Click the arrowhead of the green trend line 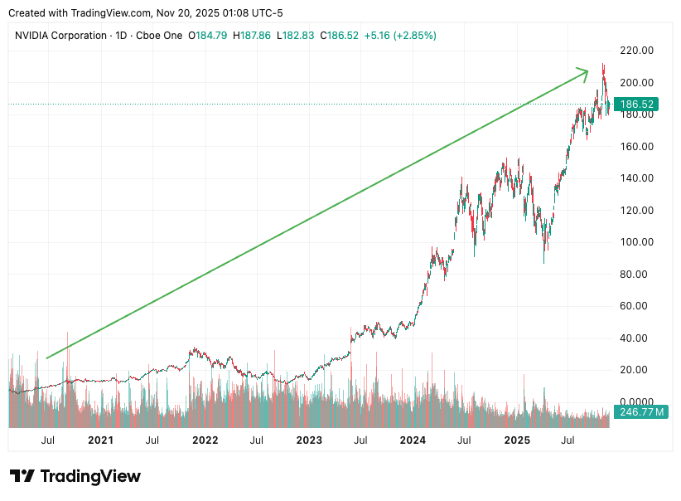click(x=585, y=74)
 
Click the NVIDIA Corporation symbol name click(x=61, y=36)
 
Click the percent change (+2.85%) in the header click(x=414, y=36)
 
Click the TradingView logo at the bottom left click(x=75, y=476)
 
